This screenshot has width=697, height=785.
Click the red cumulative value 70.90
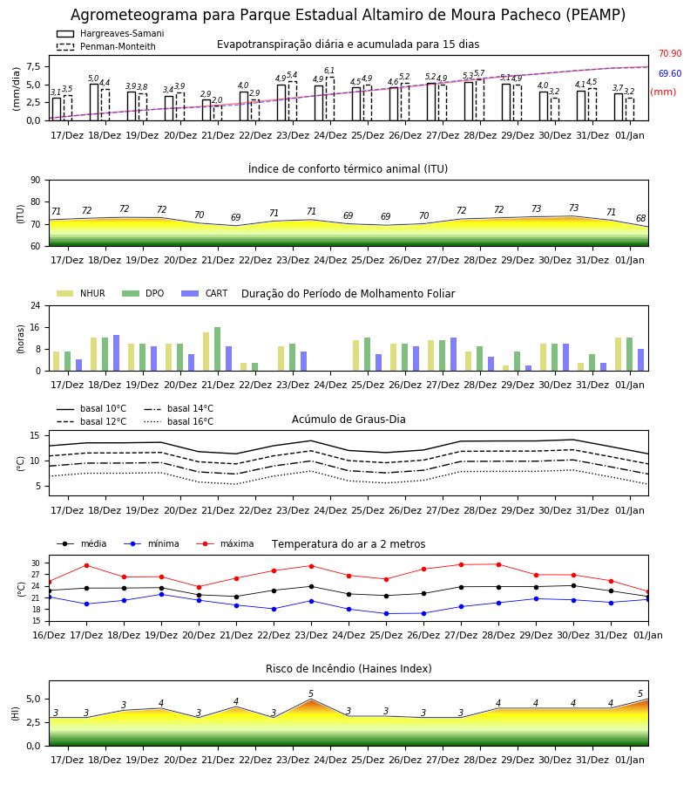[670, 53]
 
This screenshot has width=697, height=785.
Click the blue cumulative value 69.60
[670, 73]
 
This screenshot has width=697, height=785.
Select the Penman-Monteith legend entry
[106, 46]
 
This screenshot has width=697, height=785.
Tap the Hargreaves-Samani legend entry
[111, 33]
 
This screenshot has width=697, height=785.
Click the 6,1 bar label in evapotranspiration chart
[329, 71]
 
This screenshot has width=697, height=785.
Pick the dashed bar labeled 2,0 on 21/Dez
[218, 113]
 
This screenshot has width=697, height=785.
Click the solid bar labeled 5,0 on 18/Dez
[94, 103]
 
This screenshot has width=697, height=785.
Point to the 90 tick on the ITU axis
[36, 181]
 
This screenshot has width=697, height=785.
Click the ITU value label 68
[640, 218]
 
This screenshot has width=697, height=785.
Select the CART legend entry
[204, 293]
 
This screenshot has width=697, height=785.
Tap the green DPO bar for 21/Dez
[218, 349]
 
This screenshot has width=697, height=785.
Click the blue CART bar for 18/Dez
[117, 353]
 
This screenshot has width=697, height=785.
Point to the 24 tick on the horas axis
[36, 305]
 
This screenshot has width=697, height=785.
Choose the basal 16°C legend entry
[179, 421]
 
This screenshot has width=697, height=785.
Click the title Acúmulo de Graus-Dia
[348, 420]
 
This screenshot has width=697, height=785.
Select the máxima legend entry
[225, 543]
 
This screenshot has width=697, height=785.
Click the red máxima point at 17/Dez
[86, 565]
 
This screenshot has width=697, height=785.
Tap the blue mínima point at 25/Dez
[386, 614]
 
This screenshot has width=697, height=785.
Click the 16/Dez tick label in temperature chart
[49, 635]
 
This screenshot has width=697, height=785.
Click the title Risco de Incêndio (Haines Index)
[348, 669]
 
